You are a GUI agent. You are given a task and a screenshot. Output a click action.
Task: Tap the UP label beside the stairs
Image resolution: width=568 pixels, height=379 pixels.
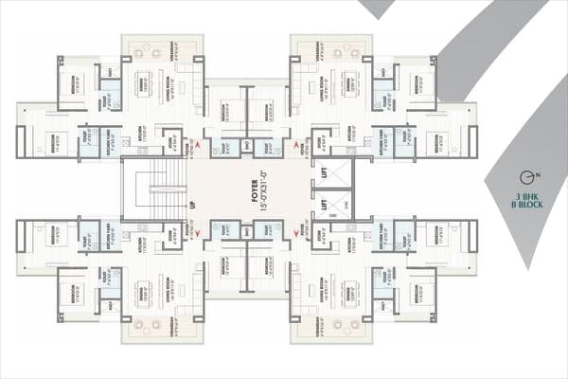(192, 204)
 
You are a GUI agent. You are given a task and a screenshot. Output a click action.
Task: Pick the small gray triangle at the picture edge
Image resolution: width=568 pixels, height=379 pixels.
(376, 8)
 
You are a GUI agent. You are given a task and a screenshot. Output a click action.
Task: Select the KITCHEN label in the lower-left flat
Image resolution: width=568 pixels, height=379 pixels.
(139, 244)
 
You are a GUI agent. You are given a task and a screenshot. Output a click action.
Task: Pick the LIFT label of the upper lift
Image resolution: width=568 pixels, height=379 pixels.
(323, 172)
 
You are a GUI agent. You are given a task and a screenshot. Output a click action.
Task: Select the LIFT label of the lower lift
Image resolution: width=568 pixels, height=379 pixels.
(323, 205)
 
